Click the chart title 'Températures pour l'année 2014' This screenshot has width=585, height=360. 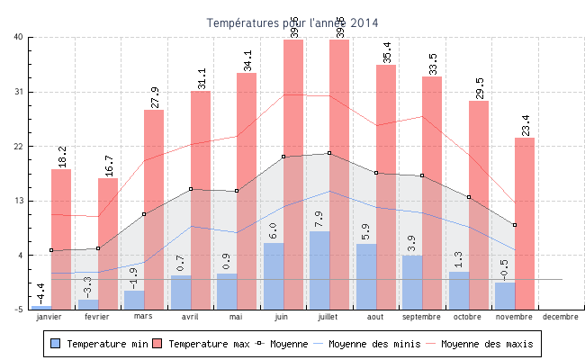pyautogui.click(x=292, y=22)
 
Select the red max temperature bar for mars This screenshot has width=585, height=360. pyautogui.click(x=154, y=207)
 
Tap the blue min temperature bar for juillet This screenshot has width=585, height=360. pyautogui.click(x=319, y=270)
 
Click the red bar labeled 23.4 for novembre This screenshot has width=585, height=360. pyautogui.click(x=525, y=225)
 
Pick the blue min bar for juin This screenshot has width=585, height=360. pyautogui.click(x=274, y=275)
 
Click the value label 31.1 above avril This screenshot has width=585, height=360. pyautogui.click(x=200, y=78)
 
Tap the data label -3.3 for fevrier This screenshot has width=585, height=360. pyautogui.click(x=87, y=287)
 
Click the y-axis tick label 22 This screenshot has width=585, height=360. pyautogui.click(x=18, y=146)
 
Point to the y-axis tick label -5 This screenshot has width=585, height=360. pyautogui.click(x=18, y=310)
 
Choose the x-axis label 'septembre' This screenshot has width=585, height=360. pyautogui.click(x=421, y=317)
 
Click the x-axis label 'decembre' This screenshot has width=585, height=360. pyautogui.click(x=561, y=317)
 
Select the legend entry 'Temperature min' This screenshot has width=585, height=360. pyautogui.click(x=99, y=344)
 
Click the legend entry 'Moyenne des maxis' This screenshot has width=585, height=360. pyautogui.click(x=486, y=344)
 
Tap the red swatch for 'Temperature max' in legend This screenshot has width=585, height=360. pyautogui.click(x=157, y=344)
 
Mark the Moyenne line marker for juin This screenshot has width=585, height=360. pyautogui.click(x=283, y=157)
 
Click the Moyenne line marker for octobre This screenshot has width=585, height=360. pyautogui.click(x=469, y=197)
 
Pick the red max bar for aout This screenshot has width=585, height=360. pyautogui.click(x=386, y=180)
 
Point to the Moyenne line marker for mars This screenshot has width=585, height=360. pyautogui.click(x=144, y=214)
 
